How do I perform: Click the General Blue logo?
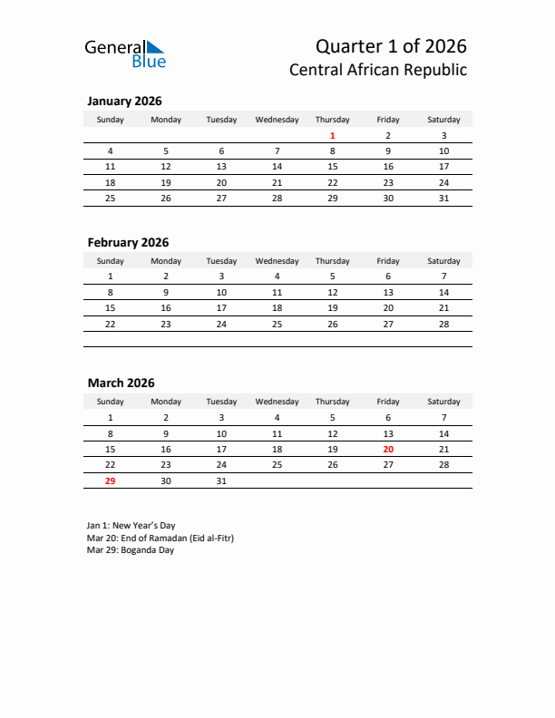(x=125, y=53)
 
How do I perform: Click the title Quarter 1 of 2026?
(x=391, y=45)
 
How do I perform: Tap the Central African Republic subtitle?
(x=378, y=70)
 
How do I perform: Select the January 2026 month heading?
(x=124, y=102)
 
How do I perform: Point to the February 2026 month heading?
(x=128, y=242)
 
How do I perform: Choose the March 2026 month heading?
(x=121, y=383)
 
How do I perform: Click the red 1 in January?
(x=333, y=136)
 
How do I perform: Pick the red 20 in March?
(x=388, y=449)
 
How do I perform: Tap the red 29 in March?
(x=111, y=480)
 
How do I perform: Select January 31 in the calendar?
(x=443, y=198)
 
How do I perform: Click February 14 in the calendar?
(x=443, y=292)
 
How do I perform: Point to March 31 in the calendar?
(x=221, y=480)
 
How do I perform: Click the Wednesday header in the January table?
(x=277, y=120)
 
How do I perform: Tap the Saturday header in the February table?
(x=443, y=261)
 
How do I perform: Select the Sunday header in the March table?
(x=111, y=402)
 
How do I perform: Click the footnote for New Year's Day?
(x=131, y=525)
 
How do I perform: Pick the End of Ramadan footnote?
(x=161, y=538)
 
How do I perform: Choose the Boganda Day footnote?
(x=131, y=550)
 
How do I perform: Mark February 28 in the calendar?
(x=443, y=324)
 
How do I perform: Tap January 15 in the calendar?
(x=333, y=167)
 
